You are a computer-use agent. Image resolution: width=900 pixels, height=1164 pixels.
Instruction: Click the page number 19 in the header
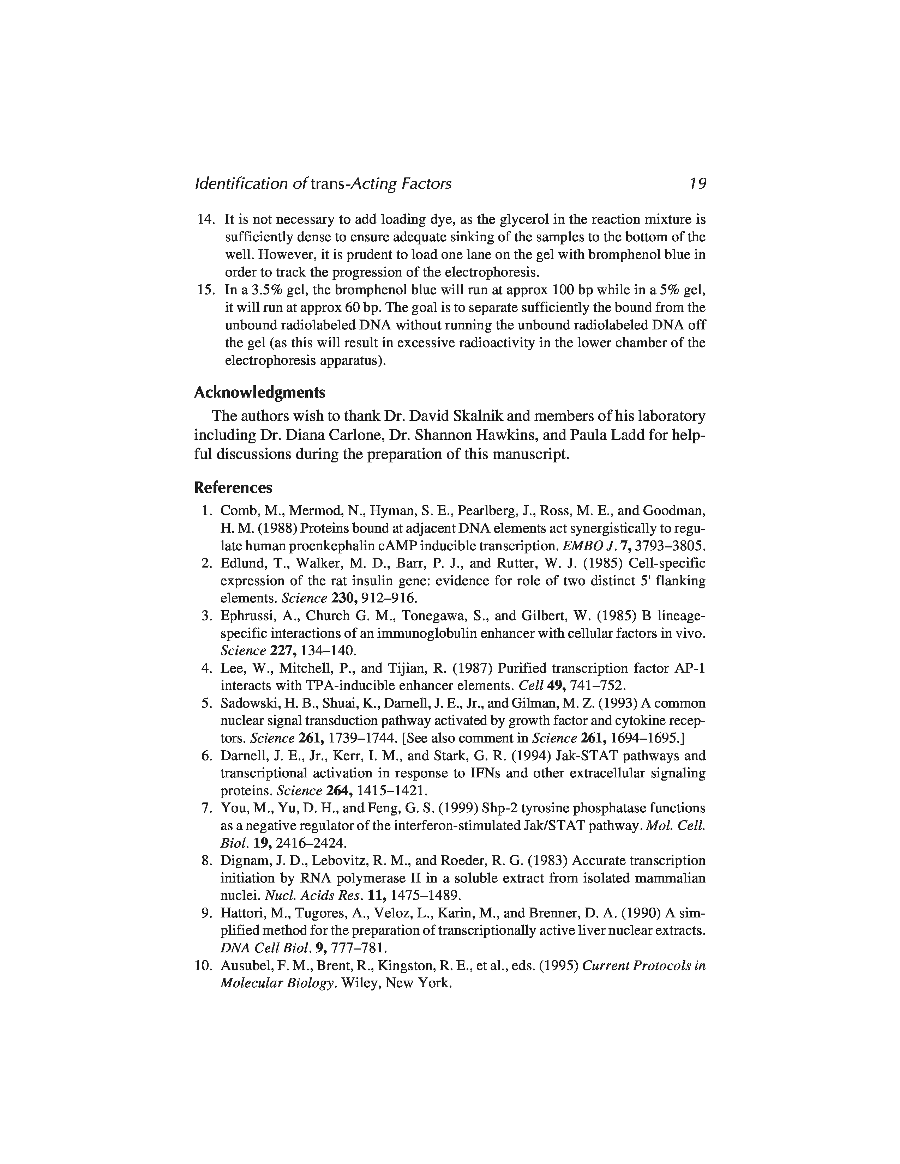[x=697, y=184]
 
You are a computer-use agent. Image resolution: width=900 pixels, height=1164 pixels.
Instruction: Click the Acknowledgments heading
[x=259, y=393]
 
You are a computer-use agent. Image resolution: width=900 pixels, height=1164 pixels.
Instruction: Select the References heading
[x=233, y=488]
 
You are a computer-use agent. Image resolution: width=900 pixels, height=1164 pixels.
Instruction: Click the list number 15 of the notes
[x=205, y=290]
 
